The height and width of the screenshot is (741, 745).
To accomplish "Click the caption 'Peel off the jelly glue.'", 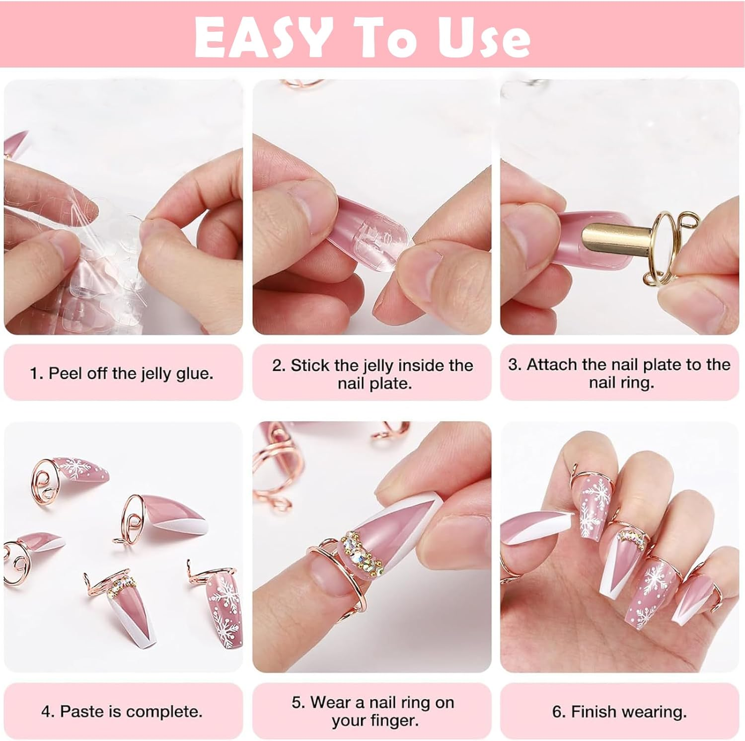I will [131, 373].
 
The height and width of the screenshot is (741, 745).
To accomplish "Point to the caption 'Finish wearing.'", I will [628, 712].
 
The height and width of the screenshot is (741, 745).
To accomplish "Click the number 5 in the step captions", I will [297, 703].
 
